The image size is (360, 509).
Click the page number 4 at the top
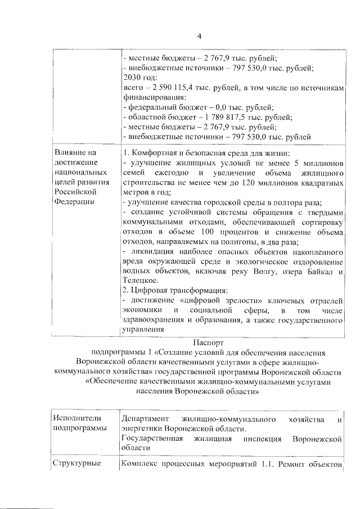click(x=199, y=37)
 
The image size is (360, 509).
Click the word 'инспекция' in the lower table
click(x=264, y=438)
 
